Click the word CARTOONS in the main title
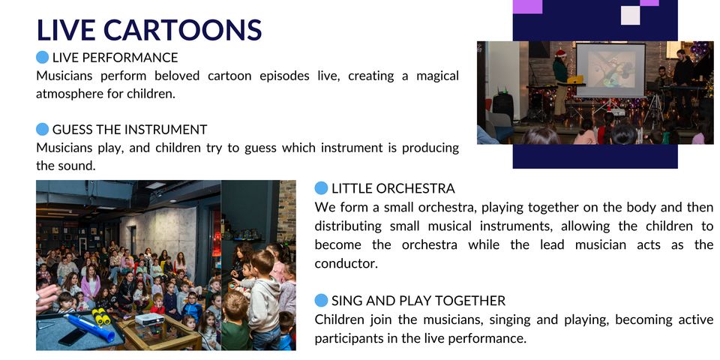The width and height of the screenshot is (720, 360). point(183,30)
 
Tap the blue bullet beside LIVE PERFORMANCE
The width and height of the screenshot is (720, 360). point(42,58)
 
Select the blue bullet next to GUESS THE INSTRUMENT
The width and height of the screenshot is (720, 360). point(42,130)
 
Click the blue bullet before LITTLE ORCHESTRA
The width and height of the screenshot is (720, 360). point(322,188)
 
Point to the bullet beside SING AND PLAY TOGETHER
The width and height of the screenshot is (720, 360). point(322,301)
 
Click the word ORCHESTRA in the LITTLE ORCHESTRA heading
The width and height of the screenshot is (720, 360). point(415,189)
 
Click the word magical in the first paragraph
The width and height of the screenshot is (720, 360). point(437,76)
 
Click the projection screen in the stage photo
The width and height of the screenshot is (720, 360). point(610,70)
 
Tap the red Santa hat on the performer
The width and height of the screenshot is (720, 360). point(560,53)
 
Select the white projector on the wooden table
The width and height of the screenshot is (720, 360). point(150,319)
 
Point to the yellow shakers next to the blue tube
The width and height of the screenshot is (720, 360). point(101,316)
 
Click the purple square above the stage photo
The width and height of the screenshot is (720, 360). point(527,7)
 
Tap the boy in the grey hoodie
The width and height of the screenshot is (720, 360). point(264,298)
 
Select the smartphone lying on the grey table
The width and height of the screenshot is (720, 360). point(71,337)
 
